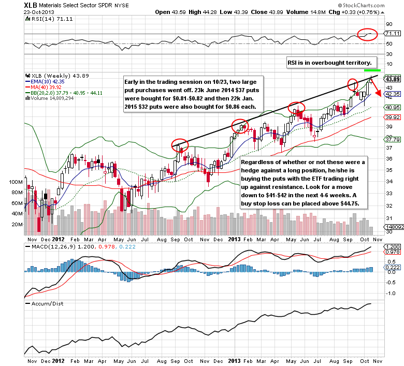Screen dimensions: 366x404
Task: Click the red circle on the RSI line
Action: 367,34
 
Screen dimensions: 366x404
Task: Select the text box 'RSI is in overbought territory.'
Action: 333,63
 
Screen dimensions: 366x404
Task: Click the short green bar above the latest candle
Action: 372,70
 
